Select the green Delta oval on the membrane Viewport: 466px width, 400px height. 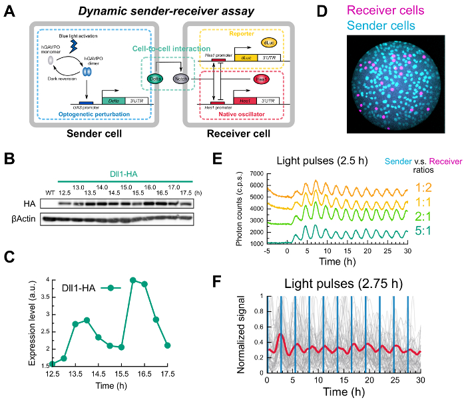154,79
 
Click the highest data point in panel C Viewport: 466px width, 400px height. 133,280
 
